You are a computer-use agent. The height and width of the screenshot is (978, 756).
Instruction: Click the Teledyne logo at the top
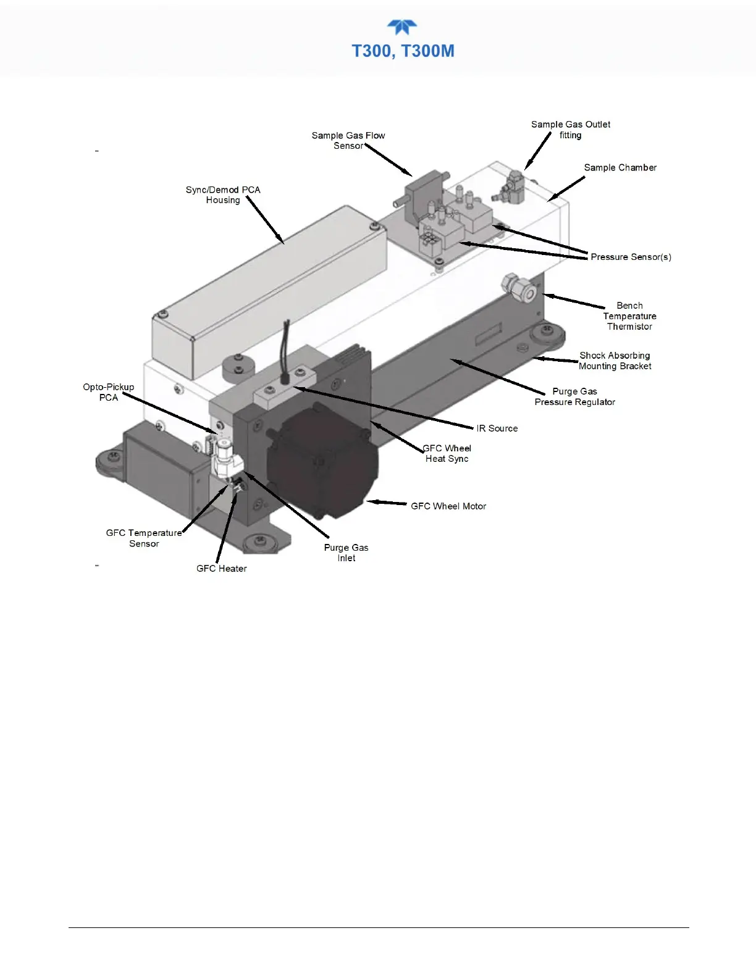pyautogui.click(x=402, y=28)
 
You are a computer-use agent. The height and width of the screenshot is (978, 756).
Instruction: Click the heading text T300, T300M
pyautogui.click(x=403, y=51)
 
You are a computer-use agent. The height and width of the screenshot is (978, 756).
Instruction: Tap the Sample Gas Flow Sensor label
pyautogui.click(x=348, y=141)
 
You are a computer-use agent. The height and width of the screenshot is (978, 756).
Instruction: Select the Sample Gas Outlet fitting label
pyautogui.click(x=571, y=130)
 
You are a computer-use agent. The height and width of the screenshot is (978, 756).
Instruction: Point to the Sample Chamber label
pyautogui.click(x=620, y=167)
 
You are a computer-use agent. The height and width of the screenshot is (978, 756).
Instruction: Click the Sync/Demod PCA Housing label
pyautogui.click(x=223, y=194)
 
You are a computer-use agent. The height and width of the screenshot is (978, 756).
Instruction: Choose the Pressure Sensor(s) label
pyautogui.click(x=631, y=257)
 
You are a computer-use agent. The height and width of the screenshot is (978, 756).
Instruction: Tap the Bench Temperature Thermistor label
pyautogui.click(x=629, y=316)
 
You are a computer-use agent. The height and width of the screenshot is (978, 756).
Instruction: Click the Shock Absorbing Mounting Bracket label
pyautogui.click(x=615, y=361)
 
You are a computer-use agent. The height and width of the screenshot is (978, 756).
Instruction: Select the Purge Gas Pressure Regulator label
pyautogui.click(x=574, y=396)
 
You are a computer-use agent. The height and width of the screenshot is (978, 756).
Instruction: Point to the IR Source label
pyautogui.click(x=497, y=428)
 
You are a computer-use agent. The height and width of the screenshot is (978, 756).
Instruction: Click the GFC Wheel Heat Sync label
pyautogui.click(x=447, y=453)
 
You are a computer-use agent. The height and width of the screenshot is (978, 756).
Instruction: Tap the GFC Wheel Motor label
pyautogui.click(x=448, y=506)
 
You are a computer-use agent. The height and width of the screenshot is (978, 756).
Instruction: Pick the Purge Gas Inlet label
pyautogui.click(x=346, y=553)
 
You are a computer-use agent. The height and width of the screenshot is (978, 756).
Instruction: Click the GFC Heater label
pyautogui.click(x=221, y=569)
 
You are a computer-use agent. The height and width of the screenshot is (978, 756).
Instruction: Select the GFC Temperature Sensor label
pyautogui.click(x=144, y=538)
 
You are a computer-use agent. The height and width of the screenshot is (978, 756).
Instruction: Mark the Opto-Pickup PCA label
pyautogui.click(x=109, y=392)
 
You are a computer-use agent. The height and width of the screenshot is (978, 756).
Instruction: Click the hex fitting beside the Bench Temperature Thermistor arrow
pyautogui.click(x=516, y=285)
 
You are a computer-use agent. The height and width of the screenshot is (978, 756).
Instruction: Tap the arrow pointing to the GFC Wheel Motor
pyautogui.click(x=387, y=503)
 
